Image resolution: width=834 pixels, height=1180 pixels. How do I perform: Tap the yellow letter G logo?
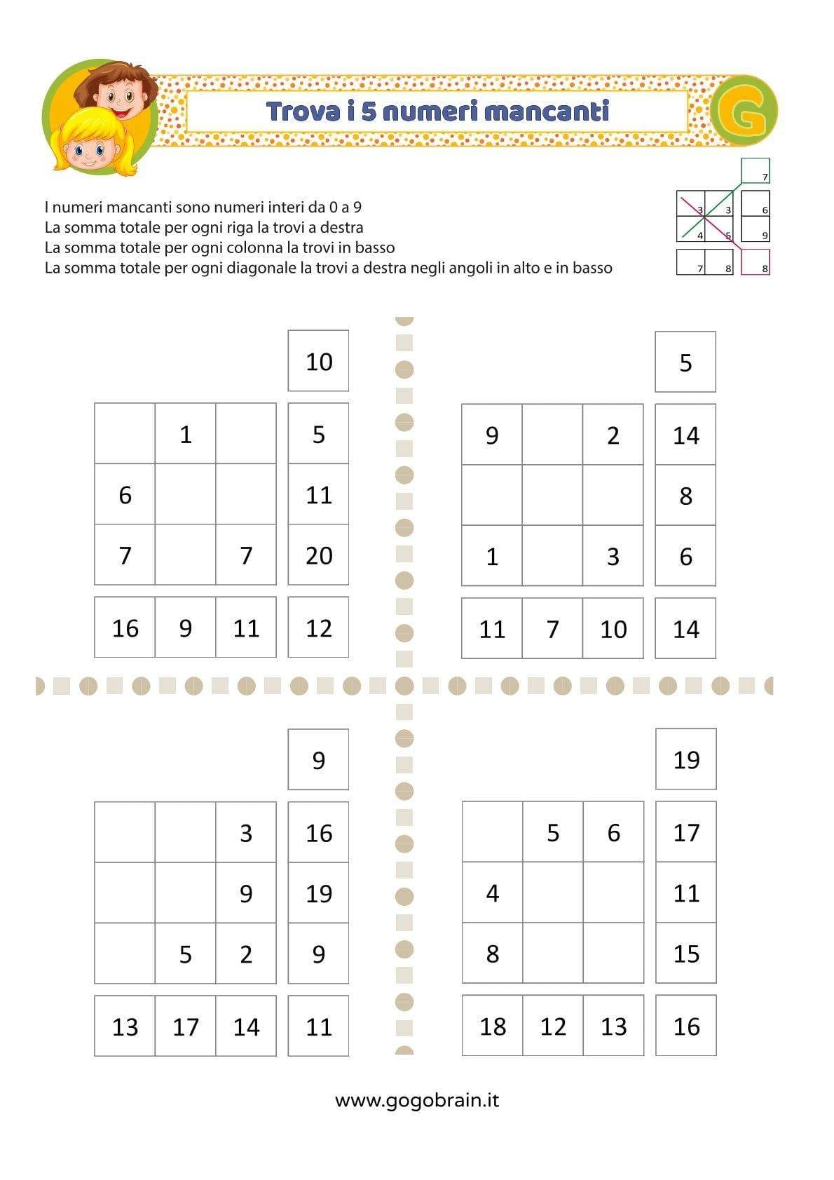click(744, 111)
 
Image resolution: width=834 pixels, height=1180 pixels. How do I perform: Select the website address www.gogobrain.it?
click(417, 1099)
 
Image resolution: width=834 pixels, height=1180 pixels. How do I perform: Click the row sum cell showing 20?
click(318, 555)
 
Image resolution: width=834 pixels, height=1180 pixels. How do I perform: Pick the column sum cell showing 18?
click(492, 1026)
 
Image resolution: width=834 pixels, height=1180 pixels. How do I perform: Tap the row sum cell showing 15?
click(685, 954)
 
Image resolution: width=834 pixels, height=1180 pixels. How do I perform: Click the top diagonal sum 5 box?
click(685, 362)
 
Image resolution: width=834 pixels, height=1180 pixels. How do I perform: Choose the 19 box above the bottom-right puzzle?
click(685, 759)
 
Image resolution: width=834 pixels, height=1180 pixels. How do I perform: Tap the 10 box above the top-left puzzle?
click(318, 362)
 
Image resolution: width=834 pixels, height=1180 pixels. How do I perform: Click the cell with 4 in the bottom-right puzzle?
click(492, 893)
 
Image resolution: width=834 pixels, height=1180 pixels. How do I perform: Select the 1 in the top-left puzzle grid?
click(185, 435)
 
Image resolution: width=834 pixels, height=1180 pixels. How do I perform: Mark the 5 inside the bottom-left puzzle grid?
click(185, 954)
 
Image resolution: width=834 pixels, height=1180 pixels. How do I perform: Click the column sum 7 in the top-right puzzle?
click(552, 629)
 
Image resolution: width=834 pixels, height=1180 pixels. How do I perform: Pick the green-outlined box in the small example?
click(755, 171)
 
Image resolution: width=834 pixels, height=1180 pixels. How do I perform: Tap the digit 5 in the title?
click(369, 111)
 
